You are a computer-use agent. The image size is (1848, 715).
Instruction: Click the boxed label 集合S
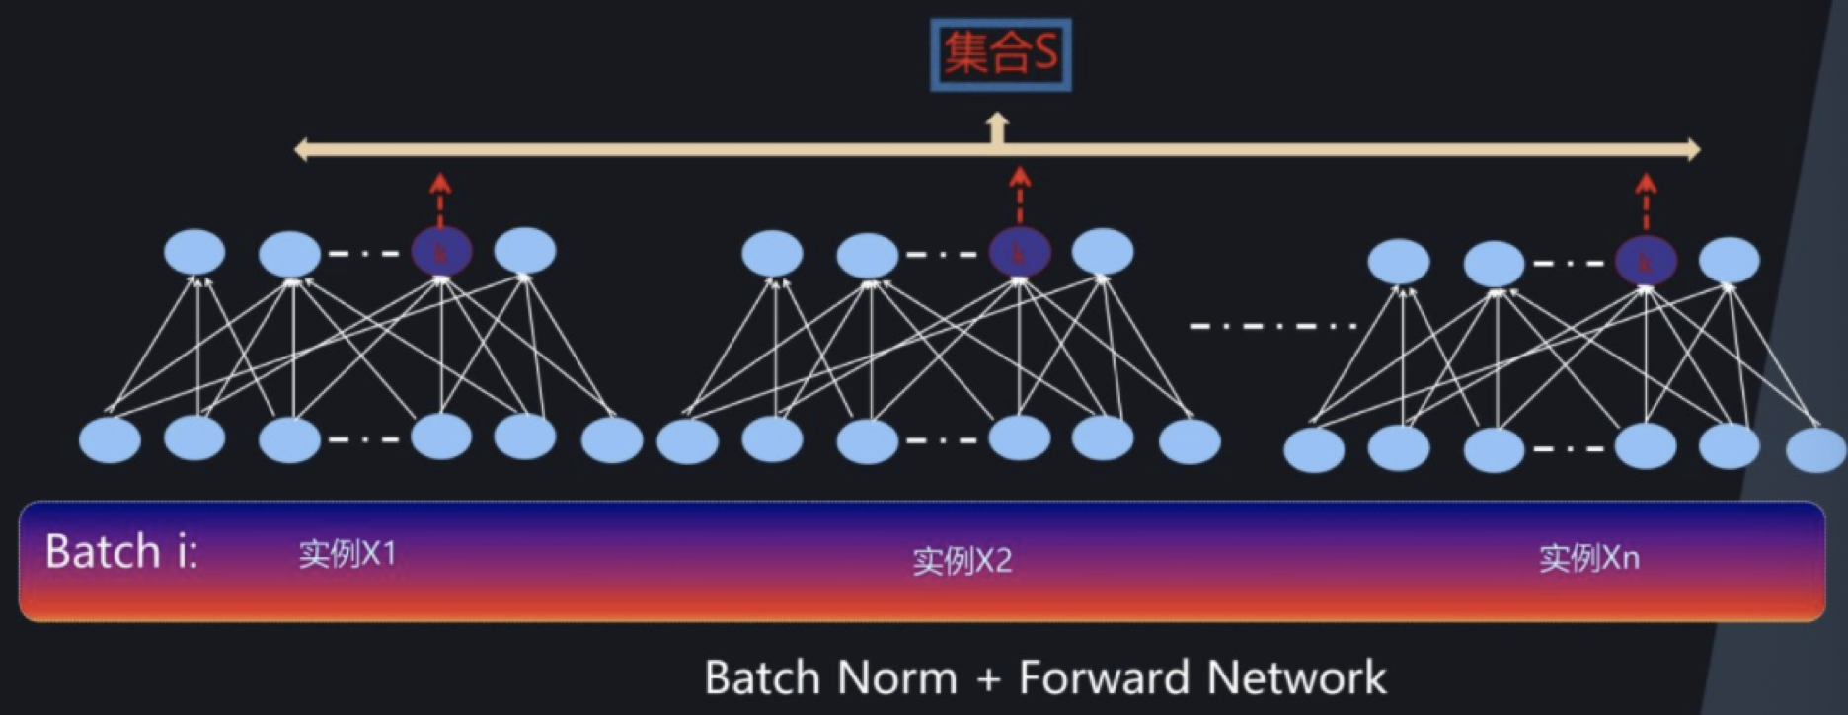click(x=1000, y=54)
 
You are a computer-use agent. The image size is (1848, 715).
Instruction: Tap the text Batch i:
click(x=121, y=551)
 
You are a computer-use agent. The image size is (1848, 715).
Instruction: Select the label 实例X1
click(x=347, y=554)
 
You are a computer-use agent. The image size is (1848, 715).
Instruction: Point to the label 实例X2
click(x=962, y=561)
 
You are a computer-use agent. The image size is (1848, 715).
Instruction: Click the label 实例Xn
click(x=1588, y=559)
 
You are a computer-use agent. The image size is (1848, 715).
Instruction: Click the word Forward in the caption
click(x=1103, y=678)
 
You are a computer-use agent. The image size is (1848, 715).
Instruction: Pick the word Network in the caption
click(x=1296, y=678)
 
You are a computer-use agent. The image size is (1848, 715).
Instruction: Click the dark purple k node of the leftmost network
click(x=441, y=253)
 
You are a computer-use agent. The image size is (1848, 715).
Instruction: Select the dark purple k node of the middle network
click(x=1020, y=253)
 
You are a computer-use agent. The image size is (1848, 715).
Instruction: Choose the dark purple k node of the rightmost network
click(x=1646, y=263)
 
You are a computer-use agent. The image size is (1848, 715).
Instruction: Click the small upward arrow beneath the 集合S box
click(x=997, y=127)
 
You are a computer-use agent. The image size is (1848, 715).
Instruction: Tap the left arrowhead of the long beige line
click(x=302, y=150)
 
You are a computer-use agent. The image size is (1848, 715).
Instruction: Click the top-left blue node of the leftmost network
click(x=194, y=252)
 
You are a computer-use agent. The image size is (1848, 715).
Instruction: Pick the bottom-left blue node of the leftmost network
click(x=110, y=440)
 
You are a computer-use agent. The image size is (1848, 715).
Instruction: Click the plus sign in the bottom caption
click(x=987, y=679)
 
